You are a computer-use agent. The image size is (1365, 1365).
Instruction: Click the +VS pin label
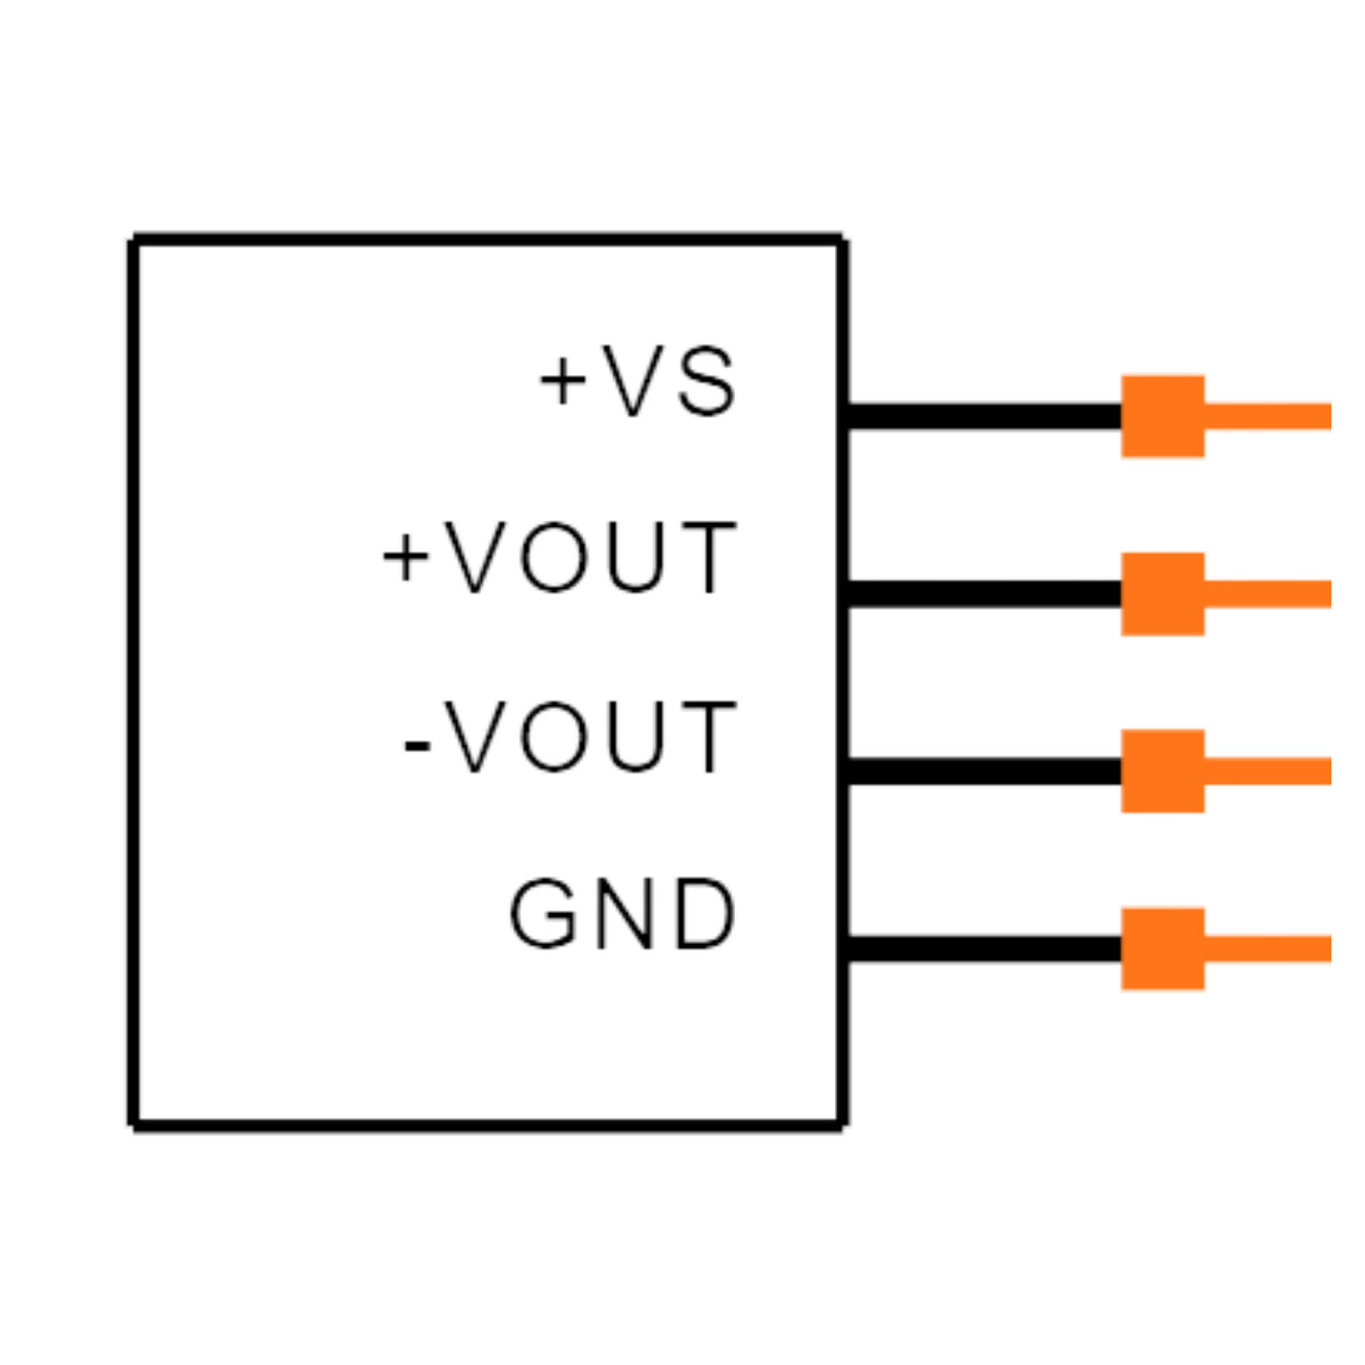(637, 381)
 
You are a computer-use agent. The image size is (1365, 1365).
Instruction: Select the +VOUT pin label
(559, 558)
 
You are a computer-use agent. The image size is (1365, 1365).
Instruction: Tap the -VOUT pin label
(571, 738)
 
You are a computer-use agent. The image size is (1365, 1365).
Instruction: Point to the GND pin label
(622, 914)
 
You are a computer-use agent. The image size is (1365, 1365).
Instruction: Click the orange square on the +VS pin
(1163, 416)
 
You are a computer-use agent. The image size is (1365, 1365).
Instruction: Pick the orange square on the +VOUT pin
(1163, 594)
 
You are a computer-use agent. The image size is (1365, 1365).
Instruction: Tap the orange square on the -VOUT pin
(1163, 771)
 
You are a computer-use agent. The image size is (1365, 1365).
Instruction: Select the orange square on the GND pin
(1163, 949)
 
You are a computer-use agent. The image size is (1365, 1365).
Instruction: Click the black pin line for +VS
(984, 416)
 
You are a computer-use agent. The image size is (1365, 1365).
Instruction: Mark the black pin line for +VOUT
(984, 594)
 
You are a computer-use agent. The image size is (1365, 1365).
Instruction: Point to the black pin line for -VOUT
(984, 771)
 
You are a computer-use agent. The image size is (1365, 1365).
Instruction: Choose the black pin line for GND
(984, 949)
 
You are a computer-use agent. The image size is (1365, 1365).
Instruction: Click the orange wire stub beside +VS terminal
(1268, 416)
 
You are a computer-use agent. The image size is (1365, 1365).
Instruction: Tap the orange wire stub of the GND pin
(1268, 949)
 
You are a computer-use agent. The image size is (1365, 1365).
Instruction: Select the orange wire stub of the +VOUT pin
(1268, 594)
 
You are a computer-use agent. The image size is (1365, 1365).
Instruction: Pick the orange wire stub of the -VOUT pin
(1268, 771)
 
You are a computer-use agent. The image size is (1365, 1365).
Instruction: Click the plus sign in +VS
(563, 381)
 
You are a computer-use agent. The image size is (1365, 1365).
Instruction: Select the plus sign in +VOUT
(406, 558)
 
